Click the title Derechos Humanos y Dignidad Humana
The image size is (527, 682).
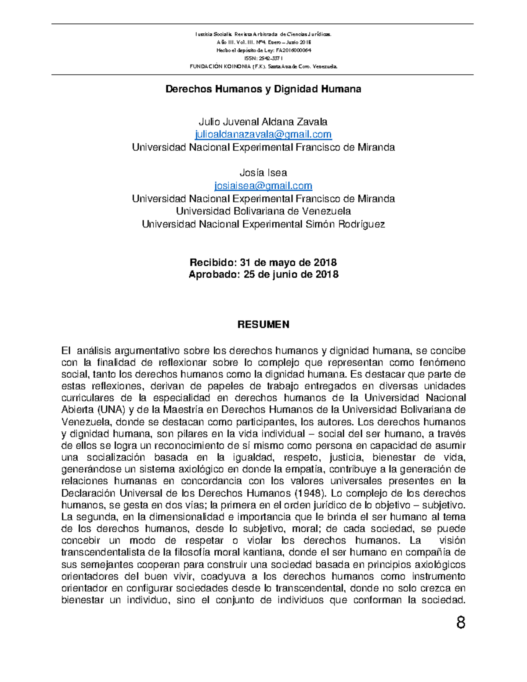point(263,89)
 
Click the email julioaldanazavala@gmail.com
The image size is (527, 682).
point(263,134)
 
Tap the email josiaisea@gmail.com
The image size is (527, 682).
point(263,186)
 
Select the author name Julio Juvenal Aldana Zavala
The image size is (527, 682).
point(263,122)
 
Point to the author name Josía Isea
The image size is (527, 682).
point(263,173)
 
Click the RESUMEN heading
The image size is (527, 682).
point(263,325)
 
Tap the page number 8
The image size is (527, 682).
point(461,623)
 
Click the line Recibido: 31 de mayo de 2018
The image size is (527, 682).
point(263,263)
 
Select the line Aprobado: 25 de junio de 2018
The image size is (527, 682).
point(263,274)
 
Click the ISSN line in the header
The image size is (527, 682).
point(263,58)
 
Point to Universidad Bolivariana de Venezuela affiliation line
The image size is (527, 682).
point(263,211)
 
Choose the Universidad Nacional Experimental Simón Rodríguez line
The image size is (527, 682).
point(263,224)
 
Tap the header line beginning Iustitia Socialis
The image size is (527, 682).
point(263,34)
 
